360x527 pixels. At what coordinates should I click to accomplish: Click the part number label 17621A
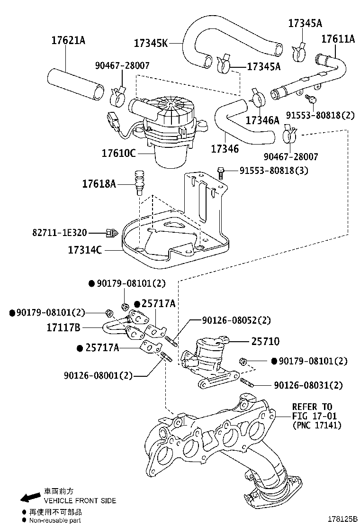click(x=68, y=40)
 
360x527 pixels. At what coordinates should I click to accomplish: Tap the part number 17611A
click(x=338, y=39)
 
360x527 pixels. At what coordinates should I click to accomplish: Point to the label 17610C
click(x=118, y=154)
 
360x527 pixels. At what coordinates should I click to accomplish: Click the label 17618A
click(x=99, y=183)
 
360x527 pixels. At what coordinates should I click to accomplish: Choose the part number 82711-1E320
click(x=60, y=232)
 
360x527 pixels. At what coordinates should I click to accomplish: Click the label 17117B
click(x=63, y=327)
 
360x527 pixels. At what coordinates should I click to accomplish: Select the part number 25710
click(x=265, y=341)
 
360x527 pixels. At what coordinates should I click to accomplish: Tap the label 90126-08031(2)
click(x=308, y=385)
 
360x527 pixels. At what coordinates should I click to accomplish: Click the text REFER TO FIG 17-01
click(x=312, y=411)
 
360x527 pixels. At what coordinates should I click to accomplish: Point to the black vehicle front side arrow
click(x=29, y=497)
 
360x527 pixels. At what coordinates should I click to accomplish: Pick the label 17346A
click(x=262, y=120)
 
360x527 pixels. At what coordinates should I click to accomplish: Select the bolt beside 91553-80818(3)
click(x=220, y=170)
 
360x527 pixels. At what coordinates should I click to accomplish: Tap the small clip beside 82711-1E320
click(x=112, y=232)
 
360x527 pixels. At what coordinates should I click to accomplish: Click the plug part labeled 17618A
click(x=139, y=182)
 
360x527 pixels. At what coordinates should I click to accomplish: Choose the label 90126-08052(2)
click(x=236, y=320)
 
